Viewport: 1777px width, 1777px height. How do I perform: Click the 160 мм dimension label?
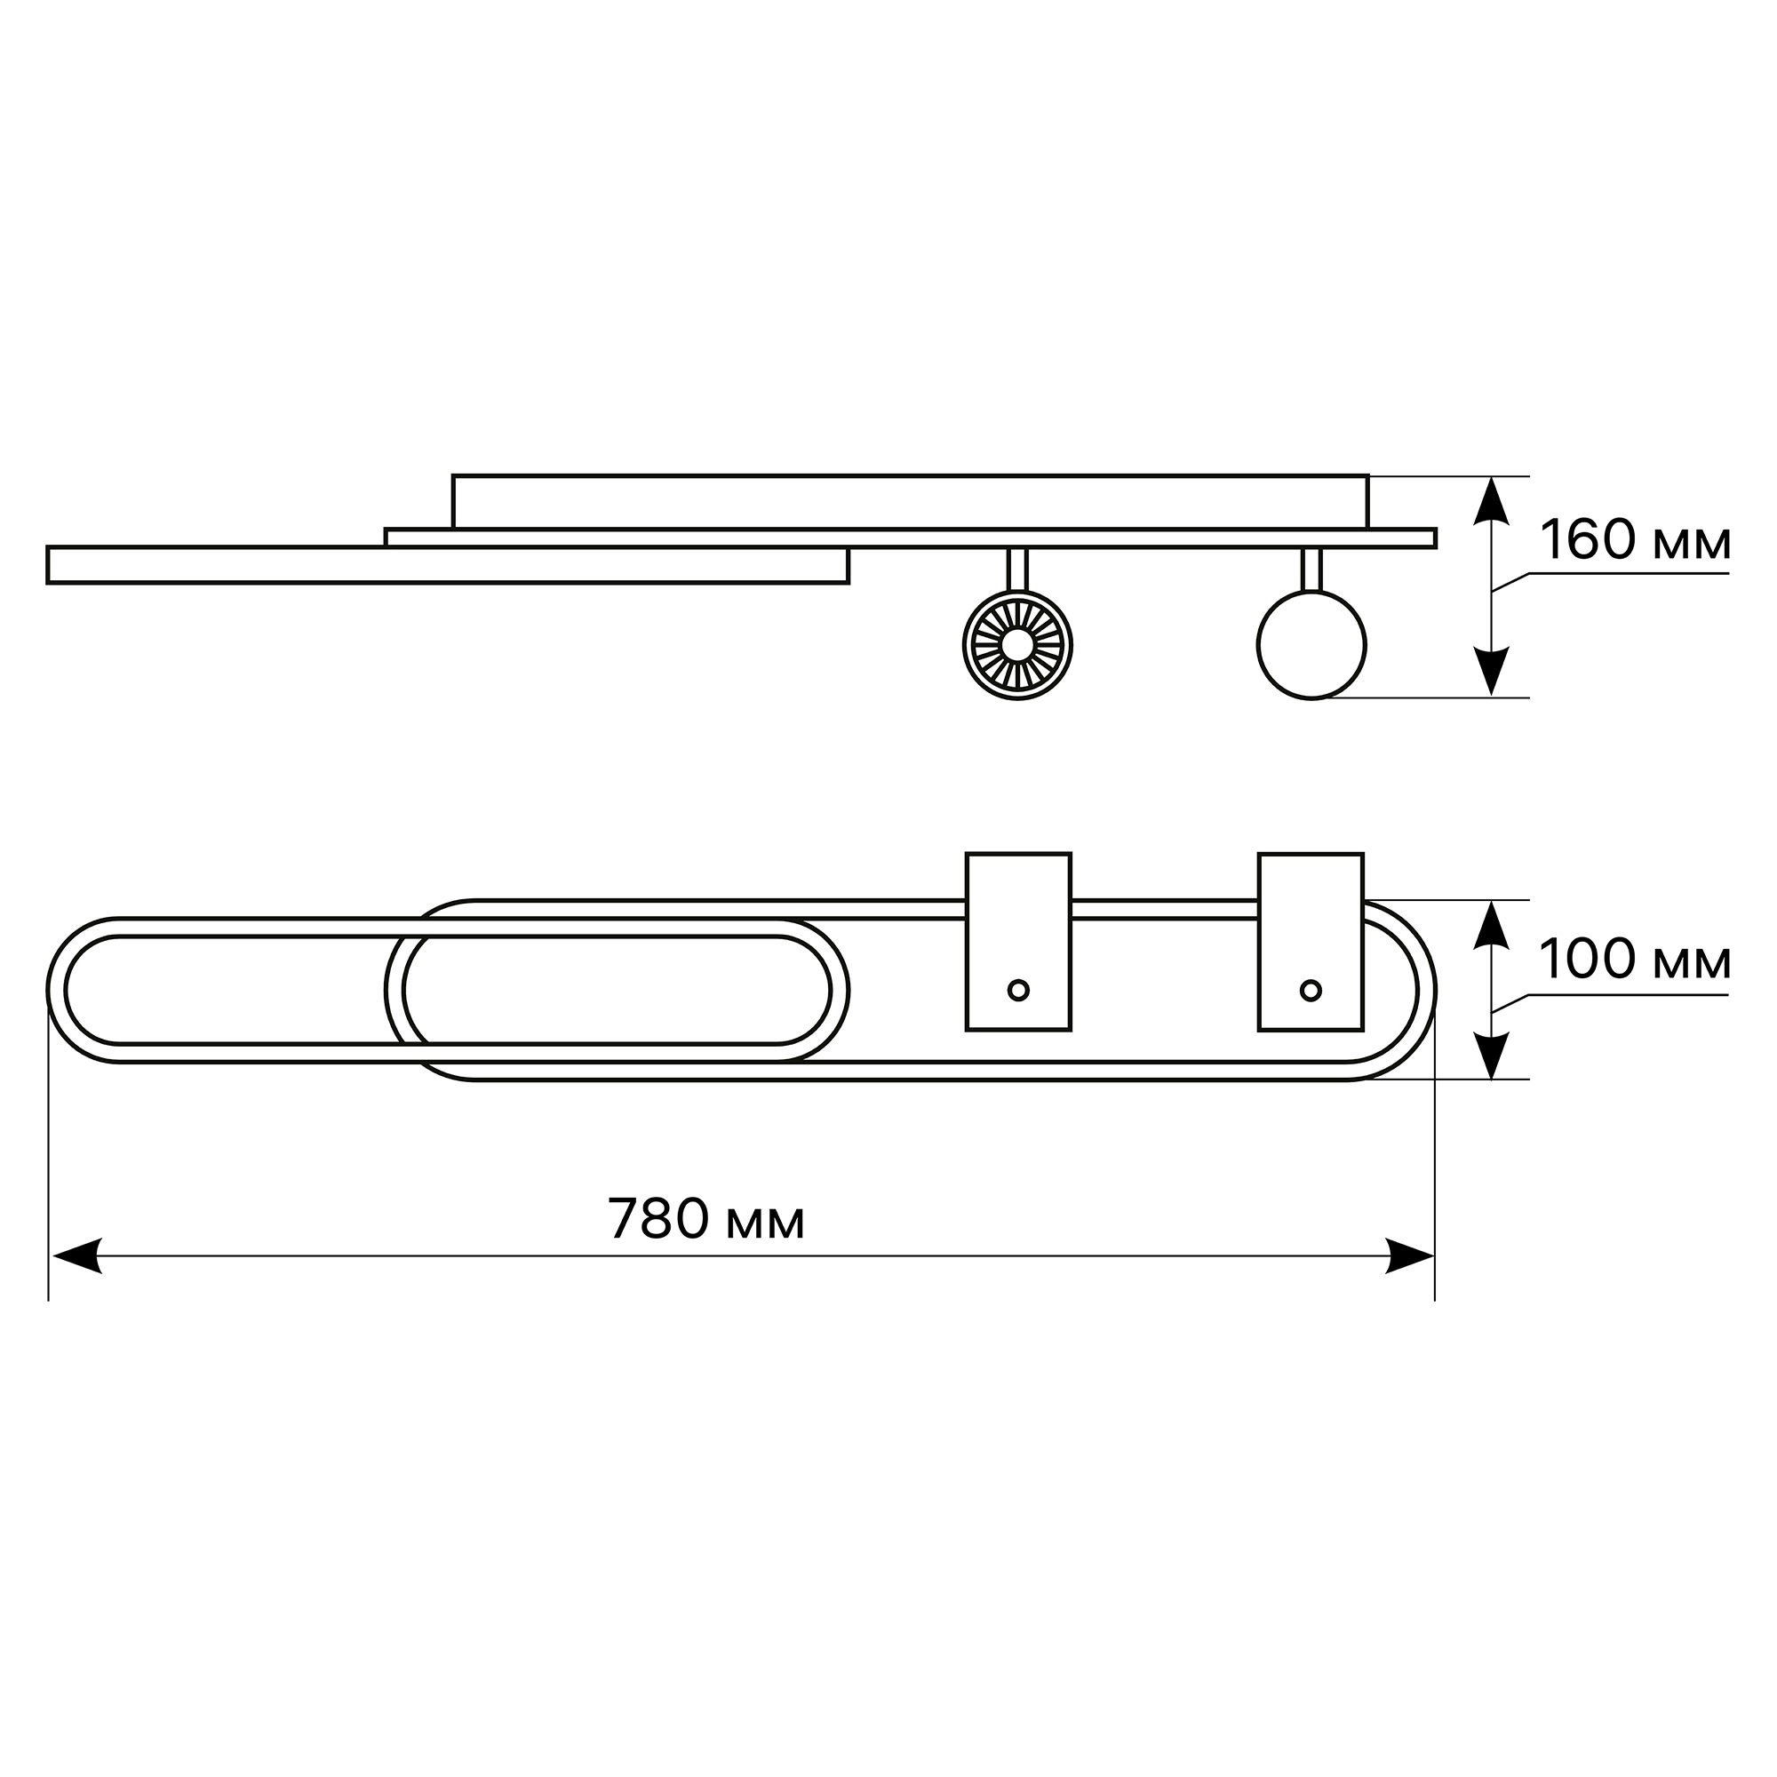pos(1635,540)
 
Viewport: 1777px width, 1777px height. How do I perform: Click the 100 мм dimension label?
pos(1635,960)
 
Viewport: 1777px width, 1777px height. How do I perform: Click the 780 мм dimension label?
pos(705,1220)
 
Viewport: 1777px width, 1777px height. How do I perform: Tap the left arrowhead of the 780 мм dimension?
pos(77,1255)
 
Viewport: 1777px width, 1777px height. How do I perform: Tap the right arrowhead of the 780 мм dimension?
pos(1409,1255)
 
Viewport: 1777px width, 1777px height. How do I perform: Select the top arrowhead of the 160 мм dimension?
pos(1491,501)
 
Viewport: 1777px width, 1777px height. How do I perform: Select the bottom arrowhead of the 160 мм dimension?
pos(1491,671)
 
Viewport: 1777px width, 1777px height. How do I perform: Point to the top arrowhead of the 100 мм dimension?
pos(1491,924)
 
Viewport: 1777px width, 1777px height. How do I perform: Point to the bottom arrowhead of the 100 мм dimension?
pos(1491,1055)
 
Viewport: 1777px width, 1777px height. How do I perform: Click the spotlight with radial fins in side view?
pos(1017,645)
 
